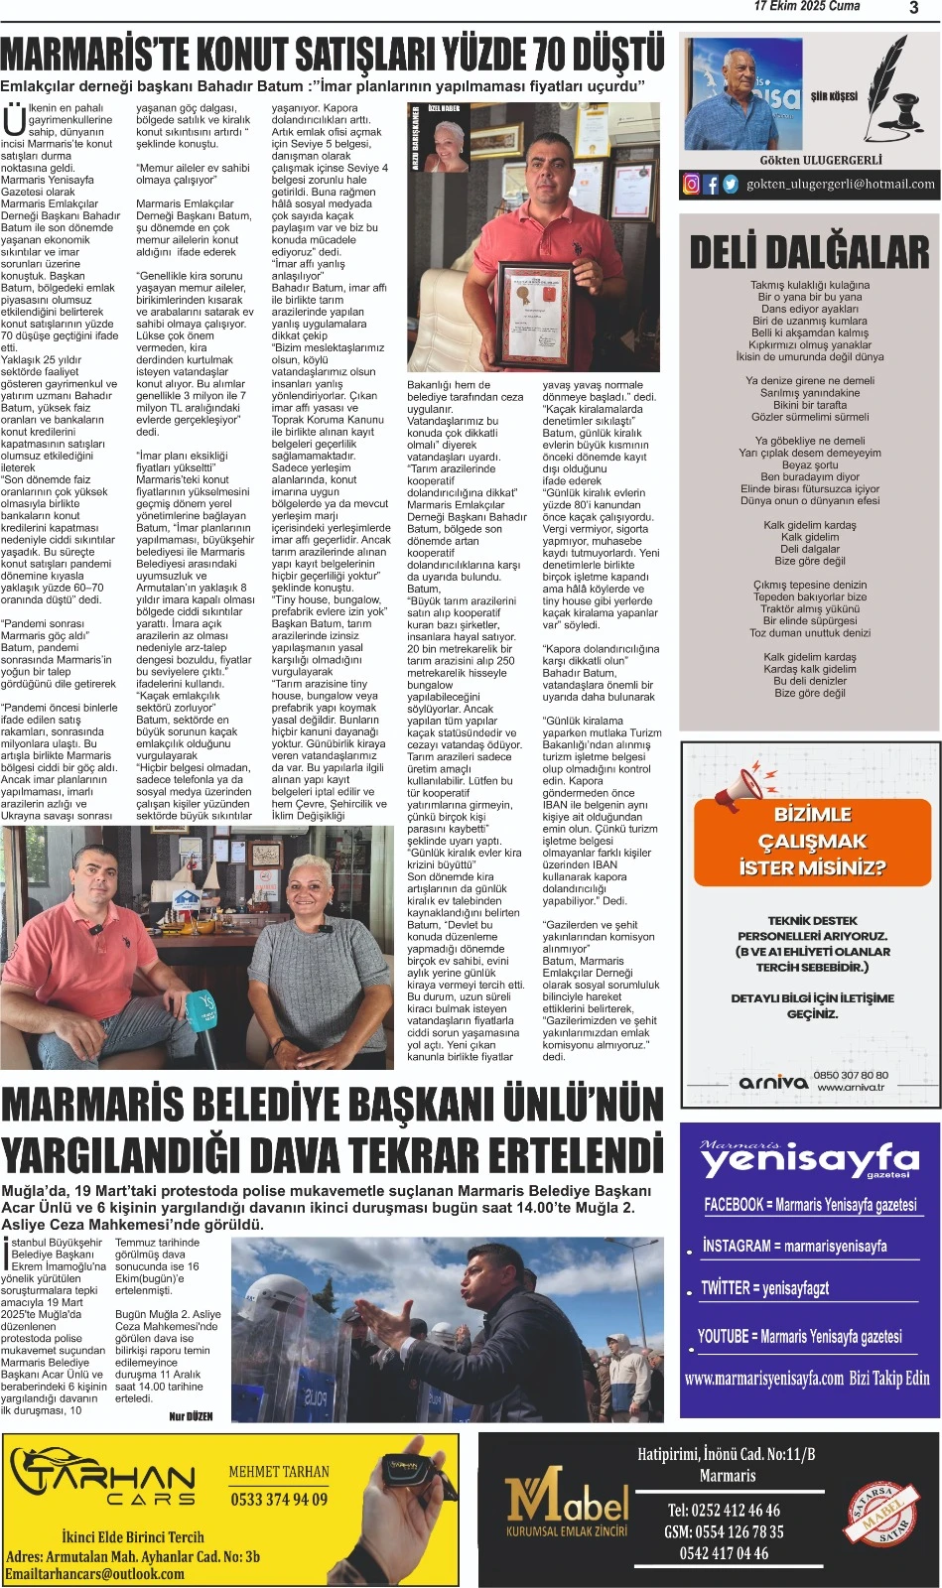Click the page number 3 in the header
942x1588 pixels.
(x=913, y=8)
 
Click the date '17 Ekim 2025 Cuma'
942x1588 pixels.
(x=806, y=7)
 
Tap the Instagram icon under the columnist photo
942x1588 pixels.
(x=692, y=184)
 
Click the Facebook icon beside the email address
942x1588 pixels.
(x=711, y=184)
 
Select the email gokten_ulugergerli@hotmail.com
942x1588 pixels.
(x=840, y=184)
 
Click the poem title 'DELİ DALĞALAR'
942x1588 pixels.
(x=809, y=251)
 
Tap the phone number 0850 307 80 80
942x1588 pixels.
(x=851, y=1075)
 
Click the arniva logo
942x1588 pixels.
(x=773, y=1082)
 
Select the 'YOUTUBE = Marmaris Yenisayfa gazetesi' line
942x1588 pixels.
(x=799, y=1337)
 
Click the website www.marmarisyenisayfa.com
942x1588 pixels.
(x=763, y=1379)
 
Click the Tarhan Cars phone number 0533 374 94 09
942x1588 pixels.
(x=279, y=1499)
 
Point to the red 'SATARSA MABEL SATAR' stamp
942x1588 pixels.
(x=879, y=1514)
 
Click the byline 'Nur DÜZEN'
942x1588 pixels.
(x=191, y=1416)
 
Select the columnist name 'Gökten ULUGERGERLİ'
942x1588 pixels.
(x=821, y=160)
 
